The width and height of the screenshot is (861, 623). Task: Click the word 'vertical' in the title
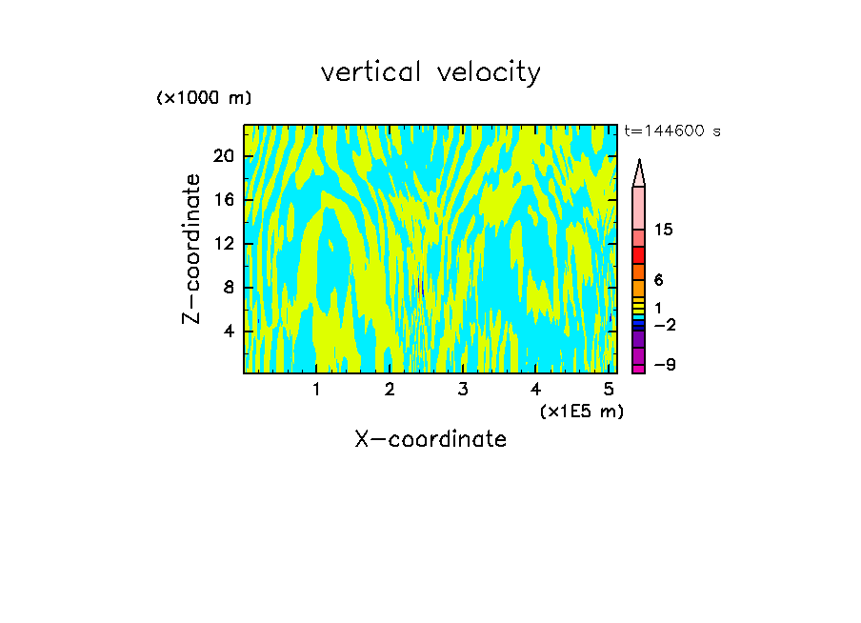[x=367, y=71]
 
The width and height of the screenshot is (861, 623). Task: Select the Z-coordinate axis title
[x=193, y=249]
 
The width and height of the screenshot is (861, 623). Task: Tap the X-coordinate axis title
[x=430, y=439]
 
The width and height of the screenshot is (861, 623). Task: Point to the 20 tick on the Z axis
[x=222, y=156]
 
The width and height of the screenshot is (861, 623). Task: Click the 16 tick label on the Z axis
[x=222, y=200]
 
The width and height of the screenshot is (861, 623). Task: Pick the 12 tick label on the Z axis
[x=222, y=244]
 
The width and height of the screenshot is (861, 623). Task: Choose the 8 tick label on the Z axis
[x=229, y=288]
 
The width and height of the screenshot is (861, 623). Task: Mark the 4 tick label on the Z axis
[x=229, y=332]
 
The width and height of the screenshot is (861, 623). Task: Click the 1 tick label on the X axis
[x=316, y=389]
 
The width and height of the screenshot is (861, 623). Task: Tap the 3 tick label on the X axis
[x=462, y=389]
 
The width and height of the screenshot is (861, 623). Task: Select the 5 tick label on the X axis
[x=608, y=389]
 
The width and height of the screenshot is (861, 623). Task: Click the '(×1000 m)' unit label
[x=204, y=98]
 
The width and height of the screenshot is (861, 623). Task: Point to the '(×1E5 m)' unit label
[x=581, y=411]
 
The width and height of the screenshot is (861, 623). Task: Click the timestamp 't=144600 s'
[x=672, y=131]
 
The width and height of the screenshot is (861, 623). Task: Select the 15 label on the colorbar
[x=664, y=230]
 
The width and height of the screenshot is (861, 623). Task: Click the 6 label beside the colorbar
[x=658, y=280]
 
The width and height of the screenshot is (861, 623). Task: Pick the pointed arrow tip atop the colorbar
[x=639, y=171]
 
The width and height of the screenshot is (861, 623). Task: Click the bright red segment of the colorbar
[x=639, y=255]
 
